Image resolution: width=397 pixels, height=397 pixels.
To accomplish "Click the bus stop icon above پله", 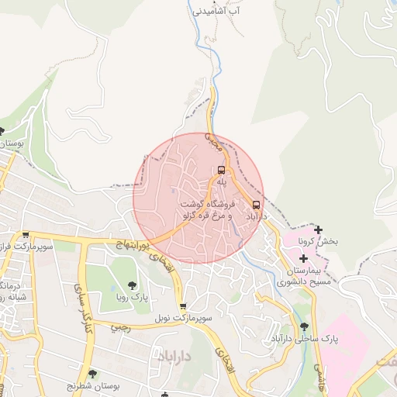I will point(221,170).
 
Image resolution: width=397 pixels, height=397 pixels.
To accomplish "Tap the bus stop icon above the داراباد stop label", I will point(257,205).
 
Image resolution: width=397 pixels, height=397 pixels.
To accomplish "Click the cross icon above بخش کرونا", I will point(318,230).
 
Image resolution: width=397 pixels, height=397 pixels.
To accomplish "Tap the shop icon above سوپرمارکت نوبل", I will point(183,306).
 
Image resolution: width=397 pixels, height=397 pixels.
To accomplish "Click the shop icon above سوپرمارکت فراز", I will point(26,234).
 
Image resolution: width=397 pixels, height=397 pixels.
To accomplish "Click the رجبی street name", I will point(119,327).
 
